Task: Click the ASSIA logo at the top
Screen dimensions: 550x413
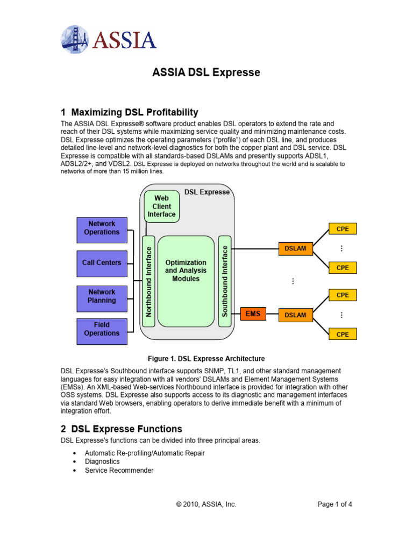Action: [109, 39]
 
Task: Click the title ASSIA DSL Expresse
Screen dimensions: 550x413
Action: [206, 72]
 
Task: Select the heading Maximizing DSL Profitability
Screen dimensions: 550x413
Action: [130, 112]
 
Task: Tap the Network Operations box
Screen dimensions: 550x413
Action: [102, 228]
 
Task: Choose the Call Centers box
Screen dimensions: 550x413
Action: [102, 263]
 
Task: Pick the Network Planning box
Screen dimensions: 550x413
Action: [102, 296]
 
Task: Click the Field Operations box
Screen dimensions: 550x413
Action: [102, 329]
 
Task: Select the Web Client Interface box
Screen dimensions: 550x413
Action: [161, 206]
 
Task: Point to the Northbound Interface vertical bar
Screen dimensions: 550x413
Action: [148, 281]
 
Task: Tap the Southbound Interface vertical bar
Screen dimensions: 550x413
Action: [225, 281]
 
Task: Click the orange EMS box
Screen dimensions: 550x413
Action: [253, 313]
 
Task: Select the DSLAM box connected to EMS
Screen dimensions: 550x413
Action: [295, 315]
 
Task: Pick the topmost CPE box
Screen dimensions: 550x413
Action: [343, 229]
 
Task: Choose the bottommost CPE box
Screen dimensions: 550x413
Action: [343, 334]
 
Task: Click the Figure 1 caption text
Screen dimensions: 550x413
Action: [206, 358]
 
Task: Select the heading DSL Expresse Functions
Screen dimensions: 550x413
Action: [122, 429]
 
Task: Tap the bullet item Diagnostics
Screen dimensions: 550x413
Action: [102, 461]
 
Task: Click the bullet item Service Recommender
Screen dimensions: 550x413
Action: [119, 470]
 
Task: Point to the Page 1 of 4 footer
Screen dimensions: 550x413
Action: [335, 504]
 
